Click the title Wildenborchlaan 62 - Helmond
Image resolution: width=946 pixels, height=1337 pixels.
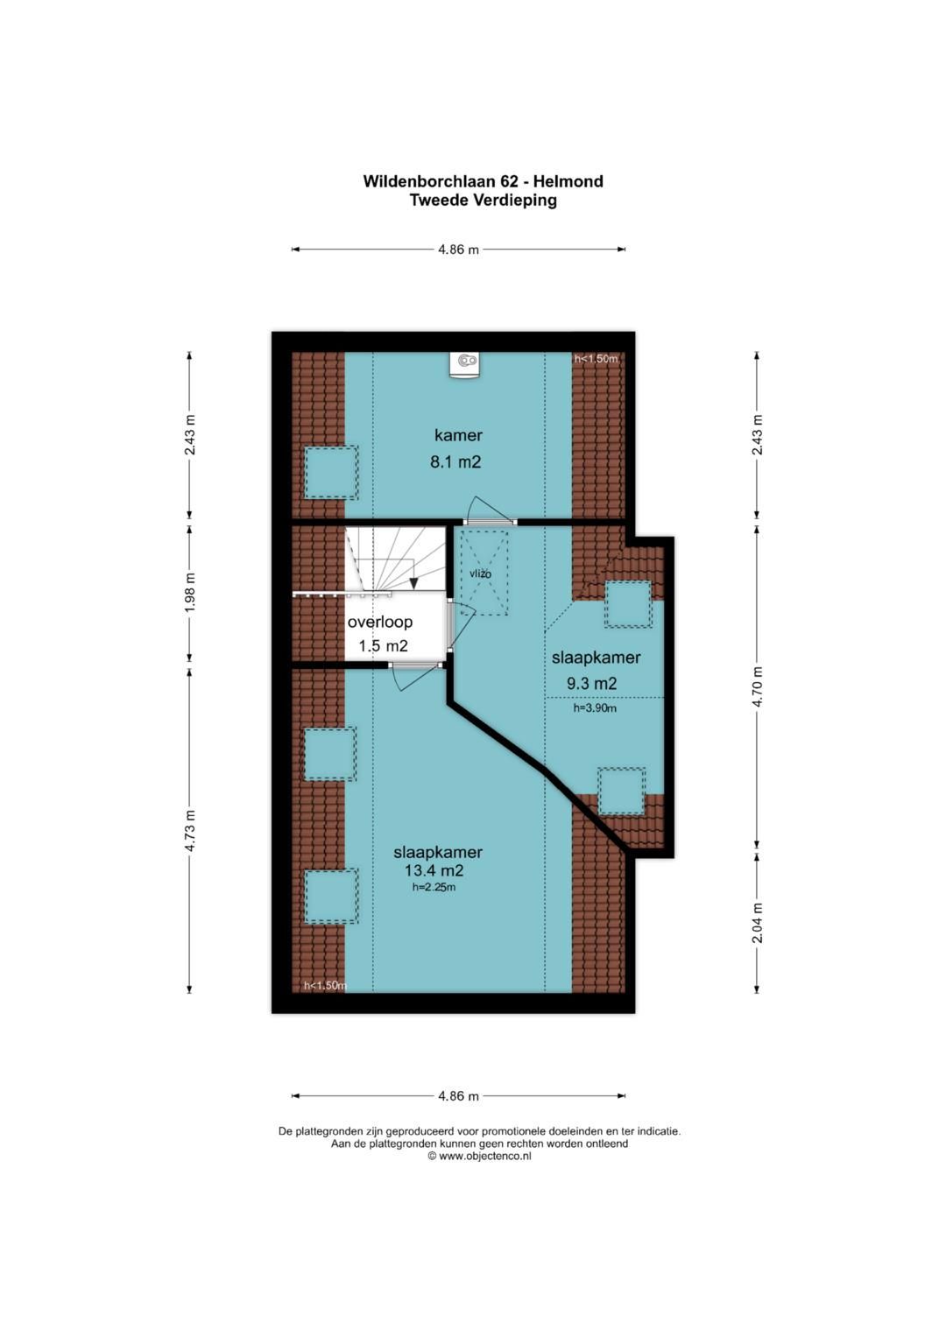click(x=483, y=181)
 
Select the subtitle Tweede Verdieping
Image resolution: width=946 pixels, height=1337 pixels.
click(x=483, y=201)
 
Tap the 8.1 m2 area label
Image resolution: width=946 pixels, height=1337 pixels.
click(x=455, y=461)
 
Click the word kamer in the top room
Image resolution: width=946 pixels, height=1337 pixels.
click(x=458, y=435)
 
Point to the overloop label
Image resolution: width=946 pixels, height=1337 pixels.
click(x=380, y=622)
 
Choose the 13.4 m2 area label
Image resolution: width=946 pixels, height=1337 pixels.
click(x=434, y=870)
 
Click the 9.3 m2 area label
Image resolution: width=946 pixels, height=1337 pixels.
click(x=591, y=684)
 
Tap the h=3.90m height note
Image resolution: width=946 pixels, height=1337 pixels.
click(x=595, y=708)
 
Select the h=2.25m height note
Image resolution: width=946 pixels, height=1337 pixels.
click(x=434, y=887)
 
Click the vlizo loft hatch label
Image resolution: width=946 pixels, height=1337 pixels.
click(x=480, y=574)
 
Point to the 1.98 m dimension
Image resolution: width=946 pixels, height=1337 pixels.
click(x=190, y=593)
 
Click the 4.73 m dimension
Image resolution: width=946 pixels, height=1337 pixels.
click(x=190, y=831)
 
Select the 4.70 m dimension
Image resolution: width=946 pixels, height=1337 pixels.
click(x=758, y=686)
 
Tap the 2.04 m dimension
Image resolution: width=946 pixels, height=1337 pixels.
click(x=758, y=922)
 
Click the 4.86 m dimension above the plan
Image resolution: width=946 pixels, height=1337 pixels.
click(x=459, y=250)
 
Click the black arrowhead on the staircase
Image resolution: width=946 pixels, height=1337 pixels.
click(x=413, y=584)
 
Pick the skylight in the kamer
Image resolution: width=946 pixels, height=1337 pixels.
click(x=331, y=472)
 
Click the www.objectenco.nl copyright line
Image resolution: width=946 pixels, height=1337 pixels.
click(x=480, y=1156)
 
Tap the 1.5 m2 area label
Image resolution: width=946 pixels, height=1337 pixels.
click(x=383, y=646)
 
